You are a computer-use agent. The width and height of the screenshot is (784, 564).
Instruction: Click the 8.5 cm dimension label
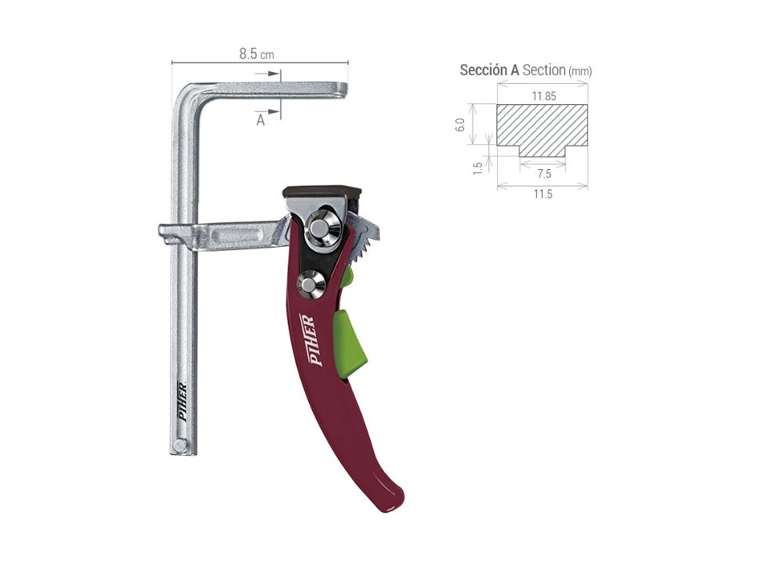[x=256, y=54]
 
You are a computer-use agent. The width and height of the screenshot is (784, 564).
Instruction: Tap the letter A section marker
[x=260, y=121]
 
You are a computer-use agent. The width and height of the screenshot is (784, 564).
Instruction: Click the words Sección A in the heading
[x=489, y=70]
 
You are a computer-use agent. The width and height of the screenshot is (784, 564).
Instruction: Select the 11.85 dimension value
[x=543, y=96]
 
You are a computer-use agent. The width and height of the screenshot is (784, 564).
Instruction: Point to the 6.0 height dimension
[x=460, y=125]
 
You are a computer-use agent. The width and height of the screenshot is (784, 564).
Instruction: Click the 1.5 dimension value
[x=477, y=168]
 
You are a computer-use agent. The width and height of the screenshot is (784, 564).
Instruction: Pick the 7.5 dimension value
[x=544, y=174]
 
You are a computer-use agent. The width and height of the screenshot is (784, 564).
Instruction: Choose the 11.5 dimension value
[x=543, y=194]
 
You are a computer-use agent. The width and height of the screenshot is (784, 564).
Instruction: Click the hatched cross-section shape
[x=542, y=128]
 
